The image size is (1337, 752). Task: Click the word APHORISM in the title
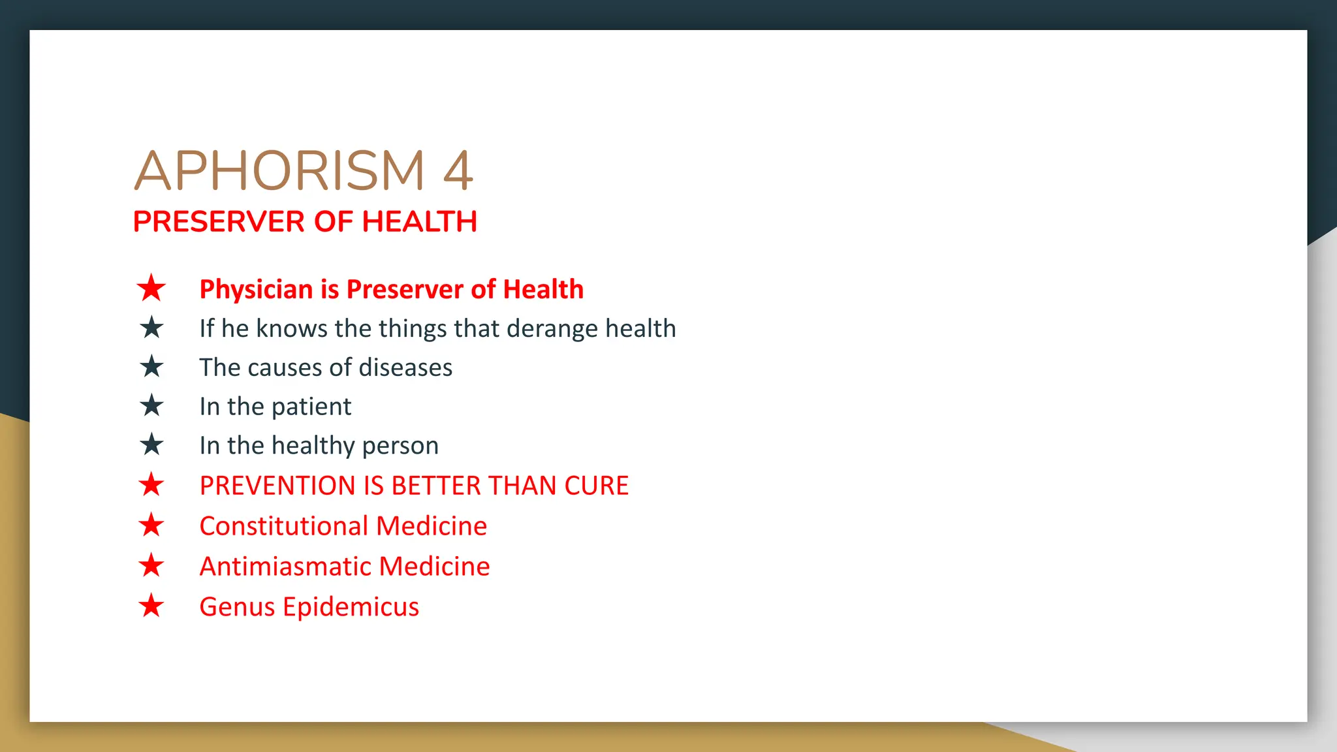[279, 171]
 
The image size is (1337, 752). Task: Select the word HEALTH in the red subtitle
[419, 222]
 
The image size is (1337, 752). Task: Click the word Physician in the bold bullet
[256, 289]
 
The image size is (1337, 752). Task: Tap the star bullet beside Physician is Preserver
[151, 288]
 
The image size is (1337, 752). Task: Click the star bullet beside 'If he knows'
[151, 328]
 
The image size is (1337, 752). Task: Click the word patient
[311, 407]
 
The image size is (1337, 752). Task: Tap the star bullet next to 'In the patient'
[151, 406]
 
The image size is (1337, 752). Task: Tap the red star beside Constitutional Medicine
[151, 525]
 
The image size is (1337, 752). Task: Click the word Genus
[237, 607]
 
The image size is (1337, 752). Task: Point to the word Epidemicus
[351, 607]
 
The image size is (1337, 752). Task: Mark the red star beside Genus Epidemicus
[151, 606]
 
